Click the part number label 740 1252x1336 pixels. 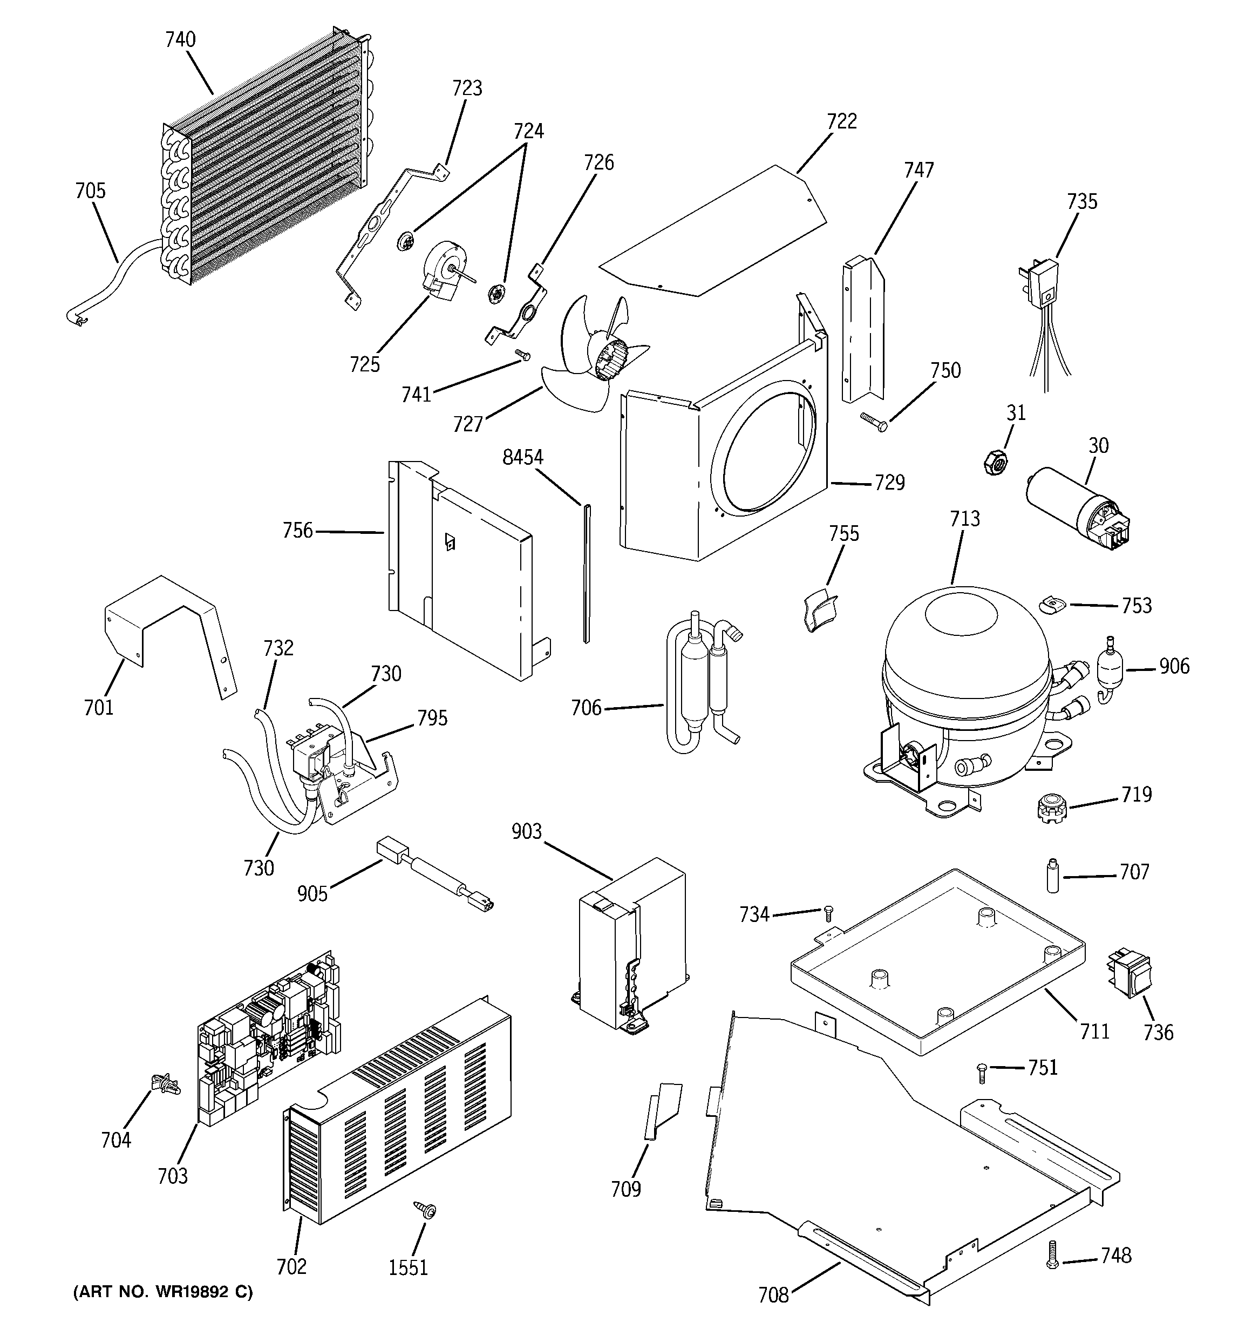point(180,39)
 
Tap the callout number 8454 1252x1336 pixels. point(522,458)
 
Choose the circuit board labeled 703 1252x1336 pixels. point(269,1038)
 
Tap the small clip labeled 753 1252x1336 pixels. point(1052,604)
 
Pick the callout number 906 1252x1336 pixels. point(1173,666)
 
